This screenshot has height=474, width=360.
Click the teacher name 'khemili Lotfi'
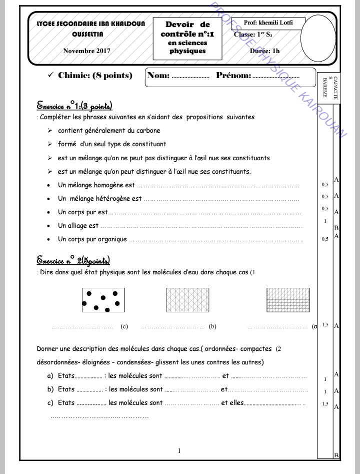click(x=275, y=23)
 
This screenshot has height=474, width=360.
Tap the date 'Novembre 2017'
click(x=86, y=51)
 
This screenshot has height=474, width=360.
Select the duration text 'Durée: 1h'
click(x=264, y=51)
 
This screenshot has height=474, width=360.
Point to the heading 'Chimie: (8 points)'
click(x=95, y=76)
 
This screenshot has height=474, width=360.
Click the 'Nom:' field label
click(x=159, y=76)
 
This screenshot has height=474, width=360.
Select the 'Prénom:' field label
click(x=233, y=76)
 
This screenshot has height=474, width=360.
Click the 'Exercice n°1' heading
click(x=74, y=106)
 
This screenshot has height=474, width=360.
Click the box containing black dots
click(x=103, y=300)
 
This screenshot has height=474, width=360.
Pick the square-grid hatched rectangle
click(x=288, y=300)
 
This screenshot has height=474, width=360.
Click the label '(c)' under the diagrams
click(x=124, y=327)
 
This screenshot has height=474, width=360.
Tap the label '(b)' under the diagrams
click(x=212, y=327)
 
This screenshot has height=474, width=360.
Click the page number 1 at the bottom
click(x=179, y=451)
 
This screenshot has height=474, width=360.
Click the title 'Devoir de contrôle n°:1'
click(x=187, y=30)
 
